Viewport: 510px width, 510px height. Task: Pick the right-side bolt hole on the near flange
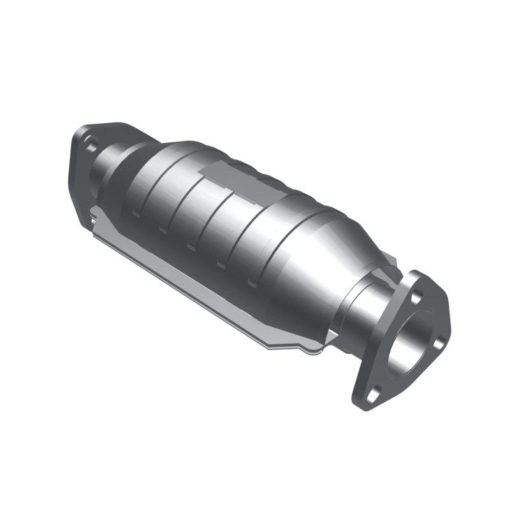439,345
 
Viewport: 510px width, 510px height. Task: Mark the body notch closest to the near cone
252,281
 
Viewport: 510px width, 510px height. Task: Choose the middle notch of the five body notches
191,246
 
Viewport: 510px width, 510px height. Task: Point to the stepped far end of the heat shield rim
96,223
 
